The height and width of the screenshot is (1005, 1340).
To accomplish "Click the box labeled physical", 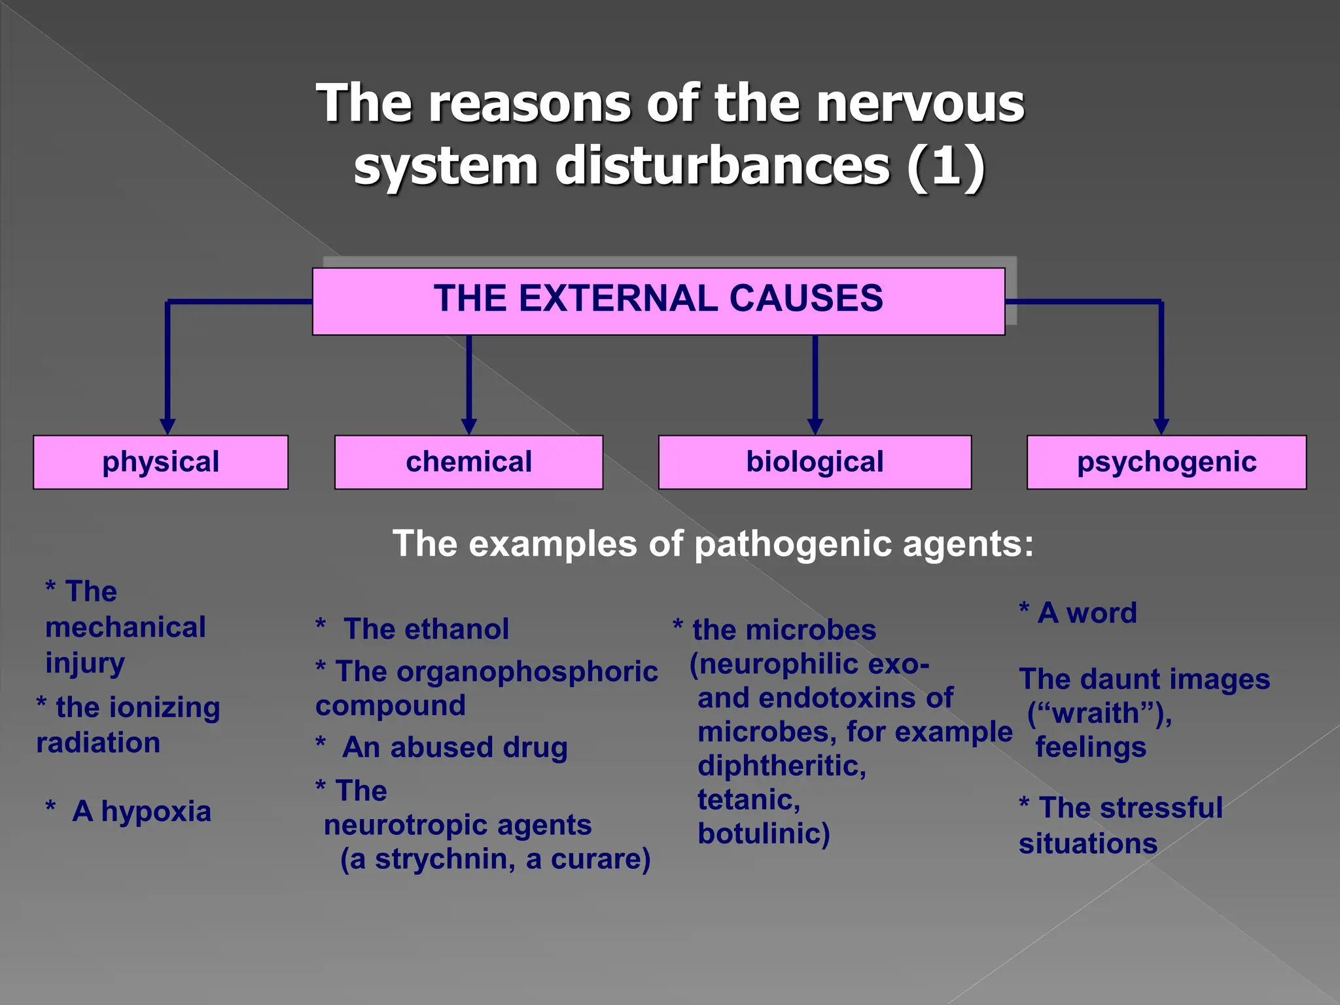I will pyautogui.click(x=161, y=462).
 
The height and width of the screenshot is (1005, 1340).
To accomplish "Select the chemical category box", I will pyautogui.click(x=468, y=462).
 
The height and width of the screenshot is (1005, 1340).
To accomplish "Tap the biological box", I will pyautogui.click(x=815, y=462).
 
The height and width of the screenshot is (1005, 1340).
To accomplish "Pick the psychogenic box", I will pyautogui.click(x=1167, y=462).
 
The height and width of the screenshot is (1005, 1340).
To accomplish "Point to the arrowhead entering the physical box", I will pyautogui.click(x=167, y=427).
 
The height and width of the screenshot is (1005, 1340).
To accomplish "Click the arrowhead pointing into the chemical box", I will pyautogui.click(x=468, y=427).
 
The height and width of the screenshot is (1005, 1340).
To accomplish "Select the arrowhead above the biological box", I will pyautogui.click(x=815, y=427).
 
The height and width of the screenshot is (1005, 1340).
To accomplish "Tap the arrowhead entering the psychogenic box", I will pyautogui.click(x=1161, y=427).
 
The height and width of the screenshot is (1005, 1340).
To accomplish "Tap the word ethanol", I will pyautogui.click(x=456, y=629).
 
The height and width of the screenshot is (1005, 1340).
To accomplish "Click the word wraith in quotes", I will pyautogui.click(x=1099, y=713).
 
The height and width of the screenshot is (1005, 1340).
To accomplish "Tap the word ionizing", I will pyautogui.click(x=164, y=708).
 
